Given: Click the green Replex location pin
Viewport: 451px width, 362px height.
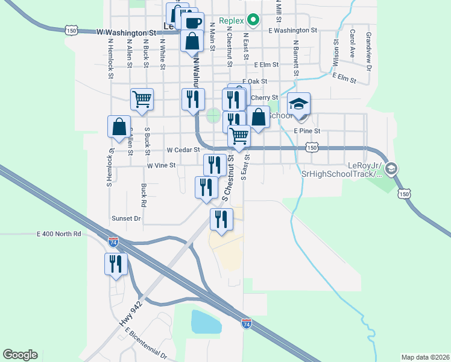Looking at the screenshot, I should tap(253, 21).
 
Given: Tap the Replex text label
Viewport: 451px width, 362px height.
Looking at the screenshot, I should tap(232, 21).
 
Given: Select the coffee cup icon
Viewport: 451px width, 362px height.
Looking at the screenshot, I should tap(192, 23).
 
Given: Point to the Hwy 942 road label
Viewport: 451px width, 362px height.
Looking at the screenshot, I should tap(131, 314).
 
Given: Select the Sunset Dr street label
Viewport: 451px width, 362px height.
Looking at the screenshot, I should tap(125, 218).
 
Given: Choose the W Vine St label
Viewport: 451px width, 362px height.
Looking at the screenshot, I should tap(161, 165).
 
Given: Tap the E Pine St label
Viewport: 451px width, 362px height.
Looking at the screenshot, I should tap(307, 130).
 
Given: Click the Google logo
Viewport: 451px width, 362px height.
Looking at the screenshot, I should tap(20, 355).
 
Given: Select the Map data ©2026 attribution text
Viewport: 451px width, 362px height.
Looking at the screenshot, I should tap(425, 357).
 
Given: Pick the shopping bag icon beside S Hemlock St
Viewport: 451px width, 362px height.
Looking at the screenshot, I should tap(119, 127).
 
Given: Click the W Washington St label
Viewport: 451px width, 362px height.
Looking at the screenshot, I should tap(130, 32).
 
